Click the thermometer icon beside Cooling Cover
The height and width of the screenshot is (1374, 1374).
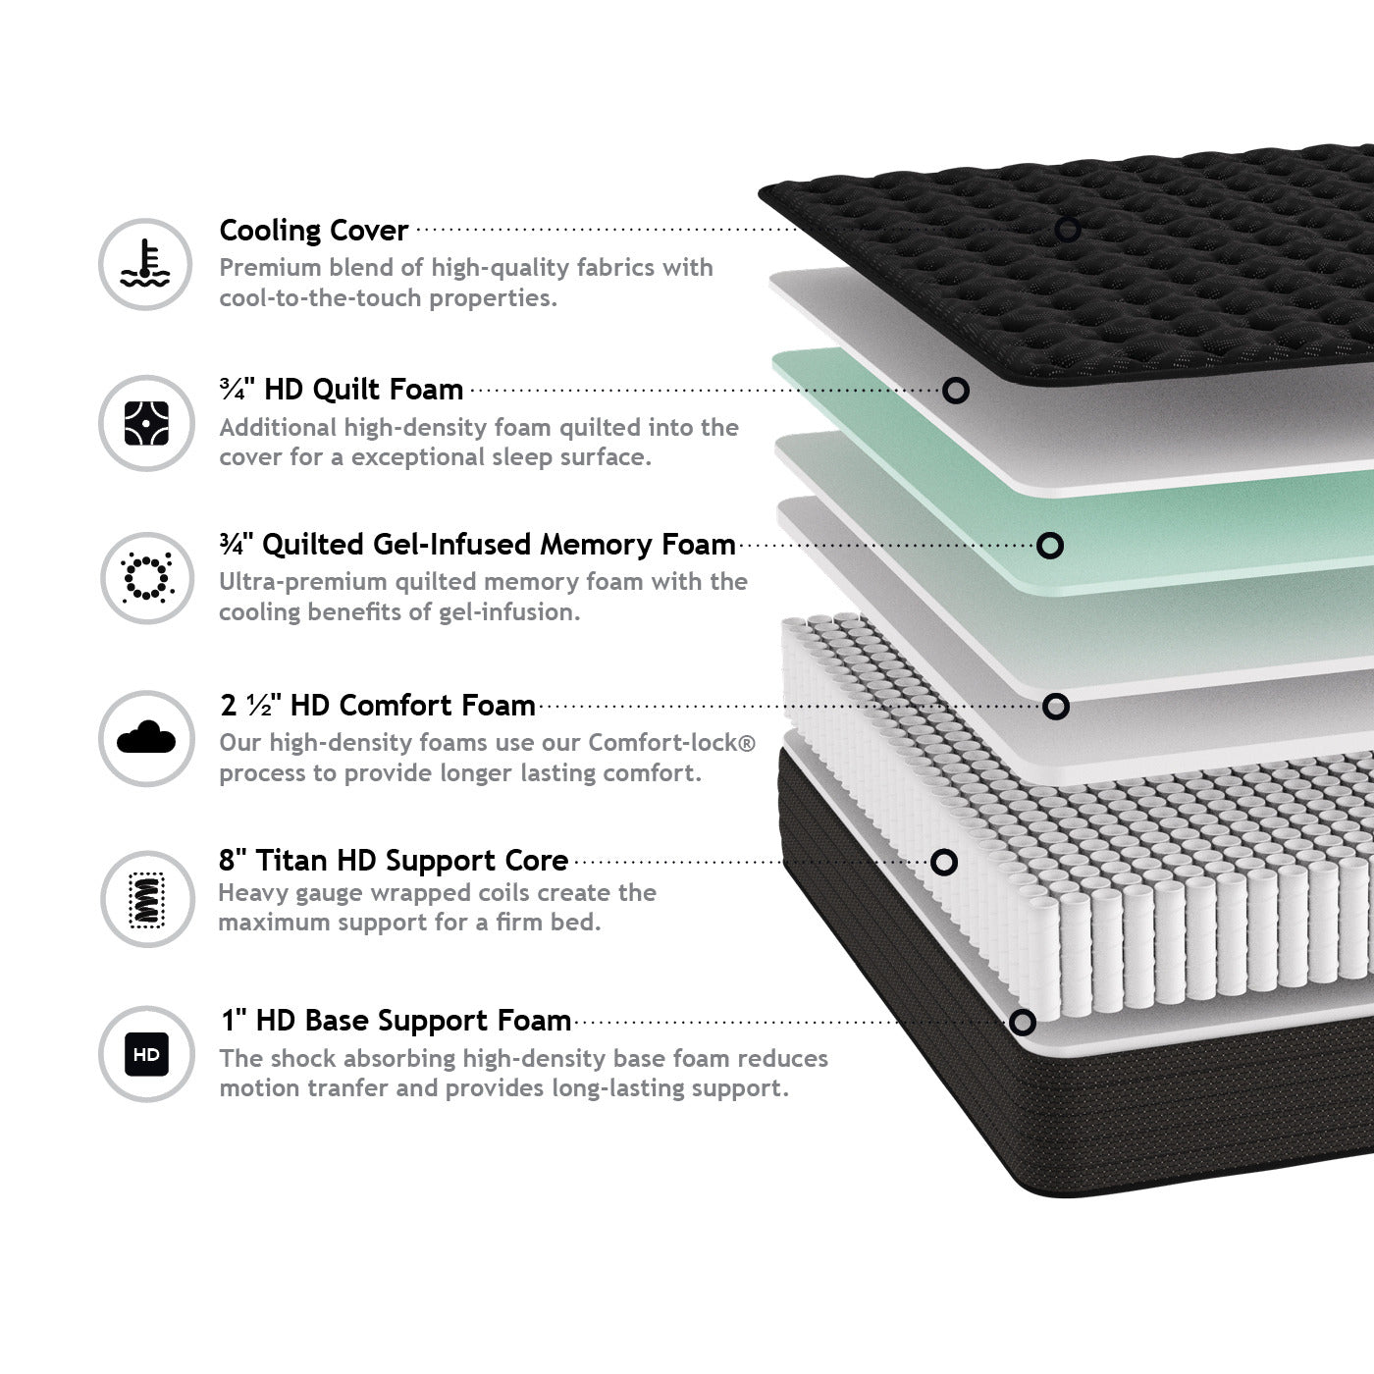(145, 263)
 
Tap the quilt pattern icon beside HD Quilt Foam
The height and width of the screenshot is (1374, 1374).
(146, 423)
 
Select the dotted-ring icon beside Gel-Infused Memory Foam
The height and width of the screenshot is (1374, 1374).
(147, 577)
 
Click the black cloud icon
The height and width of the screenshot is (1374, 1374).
(146, 737)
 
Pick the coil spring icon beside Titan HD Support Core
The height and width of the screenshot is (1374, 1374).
(147, 899)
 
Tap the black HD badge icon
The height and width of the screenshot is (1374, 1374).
(146, 1054)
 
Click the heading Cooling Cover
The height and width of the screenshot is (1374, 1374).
(314, 231)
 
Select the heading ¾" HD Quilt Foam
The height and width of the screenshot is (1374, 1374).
(342, 390)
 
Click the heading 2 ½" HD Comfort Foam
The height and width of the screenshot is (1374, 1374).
(378, 706)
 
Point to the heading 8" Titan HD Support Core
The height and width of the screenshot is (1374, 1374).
(394, 860)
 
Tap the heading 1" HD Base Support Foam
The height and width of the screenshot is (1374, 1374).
(396, 1021)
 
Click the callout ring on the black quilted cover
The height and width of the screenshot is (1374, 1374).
(1068, 229)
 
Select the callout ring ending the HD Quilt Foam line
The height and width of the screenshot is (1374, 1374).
(956, 391)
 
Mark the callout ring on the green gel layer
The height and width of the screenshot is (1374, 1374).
(1049, 546)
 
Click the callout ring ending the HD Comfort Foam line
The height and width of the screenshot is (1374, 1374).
(1055, 707)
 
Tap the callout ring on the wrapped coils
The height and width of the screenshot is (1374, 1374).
(943, 862)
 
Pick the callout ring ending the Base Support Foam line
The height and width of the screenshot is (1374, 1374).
(1022, 1023)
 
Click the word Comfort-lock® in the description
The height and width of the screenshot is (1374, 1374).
(671, 742)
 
